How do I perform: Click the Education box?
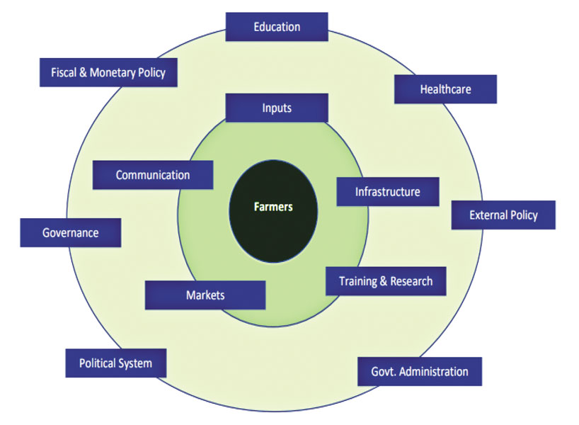click(x=277, y=27)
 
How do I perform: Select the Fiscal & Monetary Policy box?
click(x=108, y=72)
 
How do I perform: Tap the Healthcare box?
click(x=445, y=89)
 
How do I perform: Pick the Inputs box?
click(x=277, y=108)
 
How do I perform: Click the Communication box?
click(x=153, y=175)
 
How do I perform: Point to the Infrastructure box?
click(x=387, y=192)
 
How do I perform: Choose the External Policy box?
click(x=503, y=215)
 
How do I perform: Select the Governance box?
click(x=70, y=232)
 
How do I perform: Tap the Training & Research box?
click(x=385, y=281)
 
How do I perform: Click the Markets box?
click(x=205, y=295)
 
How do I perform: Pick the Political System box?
click(x=115, y=363)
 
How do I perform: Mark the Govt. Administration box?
click(x=419, y=371)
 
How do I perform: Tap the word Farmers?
click(x=273, y=208)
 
